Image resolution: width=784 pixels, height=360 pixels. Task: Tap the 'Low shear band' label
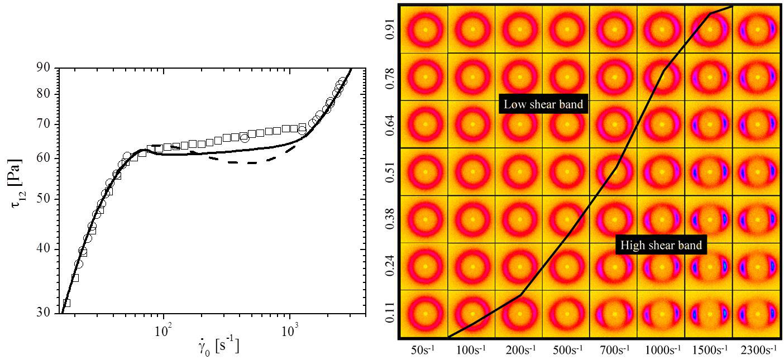pos(543,104)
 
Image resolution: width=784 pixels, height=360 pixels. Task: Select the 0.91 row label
pos(390,28)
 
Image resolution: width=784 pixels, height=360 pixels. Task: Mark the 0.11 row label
pos(390,314)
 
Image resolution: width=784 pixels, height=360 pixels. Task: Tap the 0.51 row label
pos(390,171)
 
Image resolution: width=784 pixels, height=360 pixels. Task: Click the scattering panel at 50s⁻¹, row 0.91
pos(425,29)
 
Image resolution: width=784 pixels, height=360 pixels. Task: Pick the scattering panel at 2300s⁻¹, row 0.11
pos(757,314)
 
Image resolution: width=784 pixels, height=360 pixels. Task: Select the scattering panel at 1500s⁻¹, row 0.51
pos(710,171)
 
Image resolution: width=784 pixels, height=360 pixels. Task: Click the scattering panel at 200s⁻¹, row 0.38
pos(520,219)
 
